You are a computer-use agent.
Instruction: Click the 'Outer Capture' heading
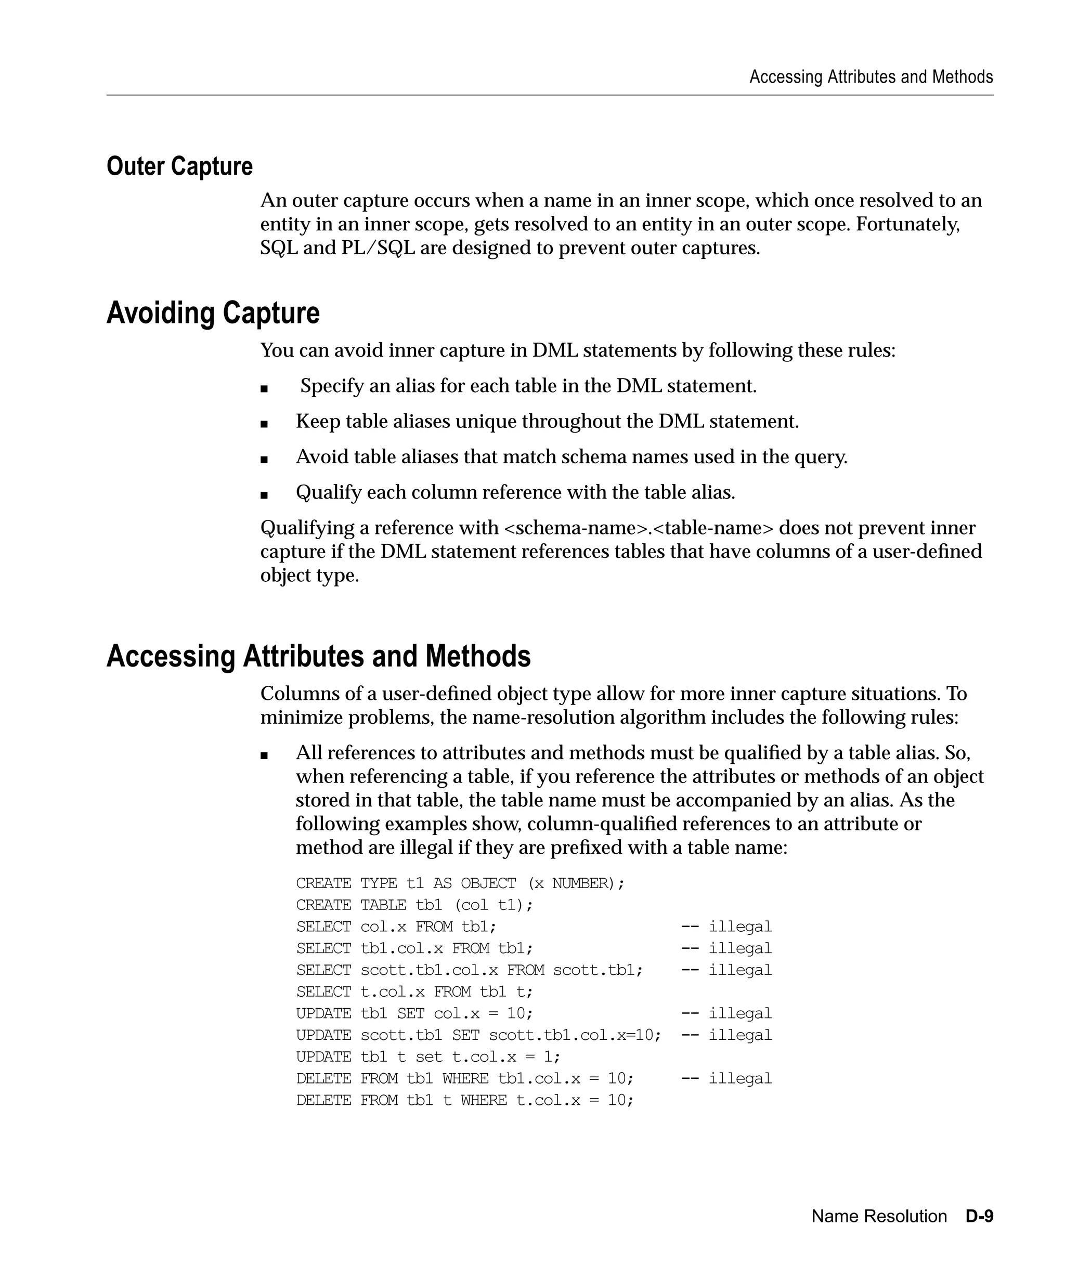point(179,166)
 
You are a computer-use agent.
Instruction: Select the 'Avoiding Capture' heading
point(213,313)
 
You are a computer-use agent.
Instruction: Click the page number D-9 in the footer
point(979,1216)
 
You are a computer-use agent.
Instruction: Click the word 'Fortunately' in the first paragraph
point(907,224)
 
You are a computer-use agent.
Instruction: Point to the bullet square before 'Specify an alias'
point(264,388)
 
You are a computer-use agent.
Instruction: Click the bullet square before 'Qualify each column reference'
point(264,495)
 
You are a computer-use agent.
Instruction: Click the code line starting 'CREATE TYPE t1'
point(460,883)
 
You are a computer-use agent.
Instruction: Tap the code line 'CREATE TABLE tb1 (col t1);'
point(414,905)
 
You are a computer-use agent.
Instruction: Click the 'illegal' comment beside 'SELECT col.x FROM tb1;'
point(739,927)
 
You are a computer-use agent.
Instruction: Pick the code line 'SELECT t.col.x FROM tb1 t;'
point(414,992)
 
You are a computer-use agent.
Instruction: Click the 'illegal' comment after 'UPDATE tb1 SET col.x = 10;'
point(739,1013)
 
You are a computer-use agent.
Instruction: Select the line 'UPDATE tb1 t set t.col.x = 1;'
point(428,1057)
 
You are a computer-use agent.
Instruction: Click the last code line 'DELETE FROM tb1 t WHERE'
point(465,1100)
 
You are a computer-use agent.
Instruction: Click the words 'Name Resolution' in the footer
point(879,1216)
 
